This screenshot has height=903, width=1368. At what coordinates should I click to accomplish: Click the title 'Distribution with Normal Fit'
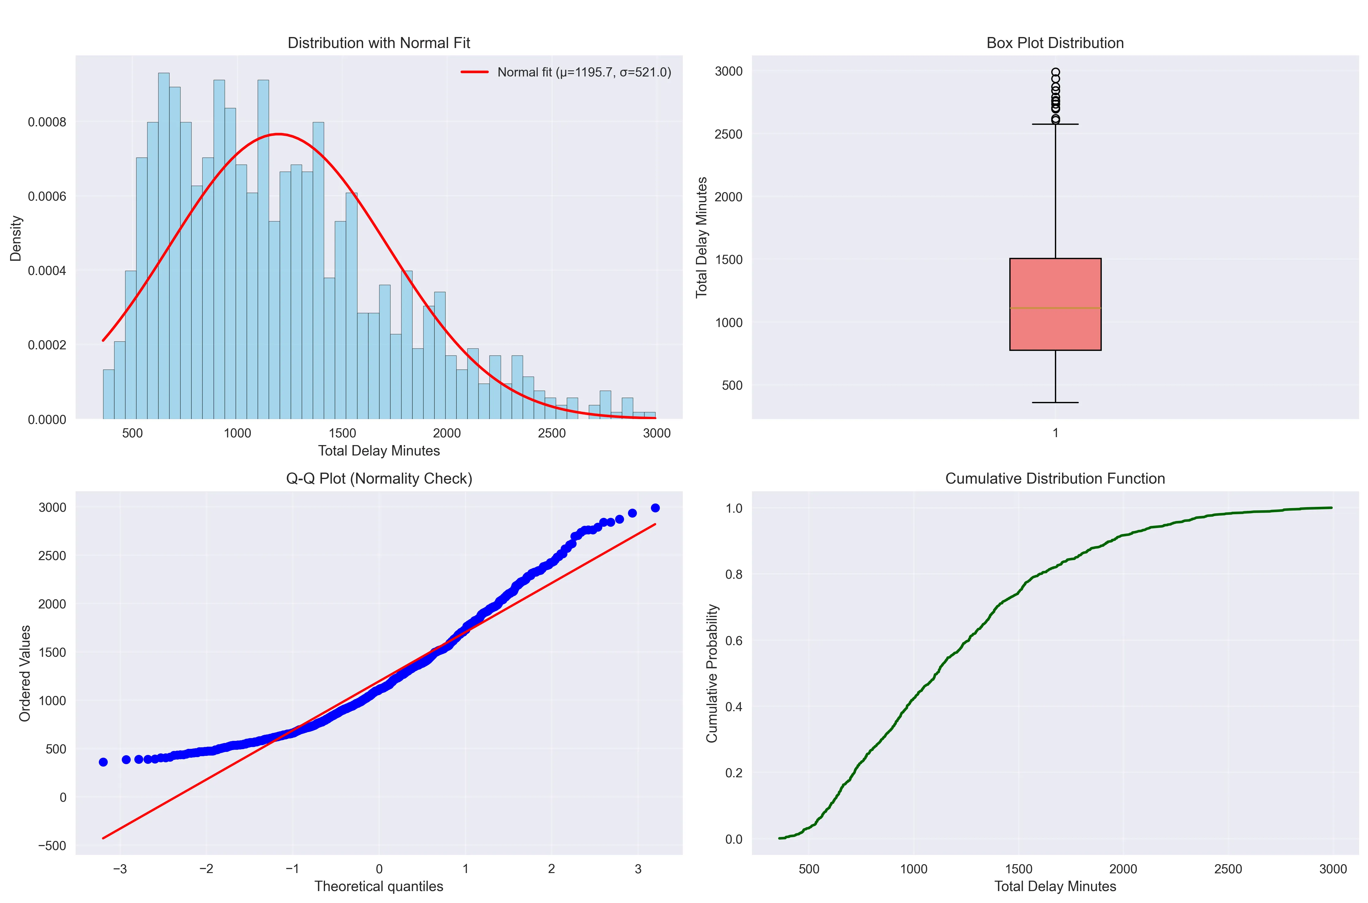(379, 43)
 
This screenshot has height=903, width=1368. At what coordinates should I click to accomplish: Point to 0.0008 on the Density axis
(47, 122)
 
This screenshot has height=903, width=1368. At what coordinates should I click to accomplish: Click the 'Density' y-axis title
(16, 238)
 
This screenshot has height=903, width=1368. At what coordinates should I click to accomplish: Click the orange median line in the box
(1055, 308)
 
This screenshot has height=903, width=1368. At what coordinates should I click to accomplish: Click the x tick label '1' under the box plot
(1055, 433)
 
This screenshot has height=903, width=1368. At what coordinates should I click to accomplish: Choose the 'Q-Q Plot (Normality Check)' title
(379, 478)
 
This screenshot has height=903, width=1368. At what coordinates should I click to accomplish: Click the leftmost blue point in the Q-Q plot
(103, 762)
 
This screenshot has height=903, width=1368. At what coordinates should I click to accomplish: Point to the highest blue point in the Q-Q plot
(655, 508)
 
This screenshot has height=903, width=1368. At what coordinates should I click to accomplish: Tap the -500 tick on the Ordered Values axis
(52, 845)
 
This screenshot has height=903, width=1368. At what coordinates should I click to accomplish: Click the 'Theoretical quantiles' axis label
(379, 886)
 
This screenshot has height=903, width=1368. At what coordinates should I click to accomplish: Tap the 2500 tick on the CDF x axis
(1228, 869)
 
